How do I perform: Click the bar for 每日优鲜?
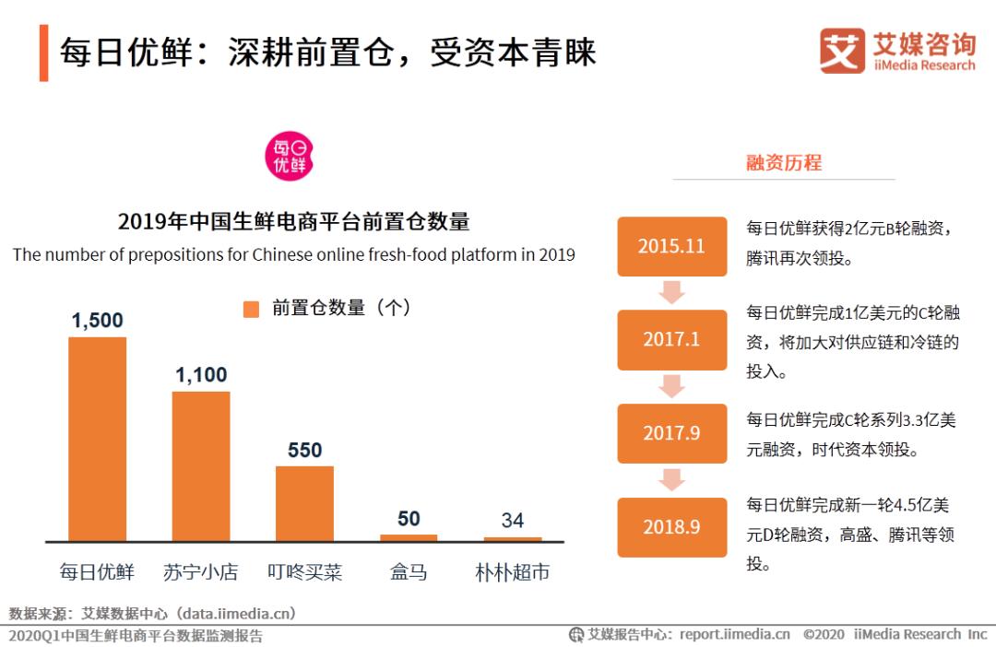click(x=97, y=439)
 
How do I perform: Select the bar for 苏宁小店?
click(x=201, y=466)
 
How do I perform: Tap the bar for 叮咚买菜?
click(x=304, y=503)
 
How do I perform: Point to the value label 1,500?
click(x=97, y=321)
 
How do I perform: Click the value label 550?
click(x=304, y=450)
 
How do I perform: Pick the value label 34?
click(x=513, y=520)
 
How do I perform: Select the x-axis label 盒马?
click(x=409, y=572)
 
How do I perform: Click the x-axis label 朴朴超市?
click(x=513, y=572)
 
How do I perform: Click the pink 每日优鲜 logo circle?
click(x=290, y=156)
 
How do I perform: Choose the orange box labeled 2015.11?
click(x=671, y=246)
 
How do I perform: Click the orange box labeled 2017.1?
click(x=671, y=339)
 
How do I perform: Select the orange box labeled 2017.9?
click(x=671, y=433)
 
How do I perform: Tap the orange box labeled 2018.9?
click(x=671, y=527)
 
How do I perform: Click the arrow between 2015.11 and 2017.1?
click(x=671, y=292)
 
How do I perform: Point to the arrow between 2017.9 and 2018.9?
click(x=671, y=480)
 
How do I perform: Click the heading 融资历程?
click(x=783, y=163)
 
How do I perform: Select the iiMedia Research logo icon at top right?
click(x=842, y=51)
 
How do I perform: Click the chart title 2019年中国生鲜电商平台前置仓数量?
click(x=293, y=221)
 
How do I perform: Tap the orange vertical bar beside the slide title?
click(x=43, y=53)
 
